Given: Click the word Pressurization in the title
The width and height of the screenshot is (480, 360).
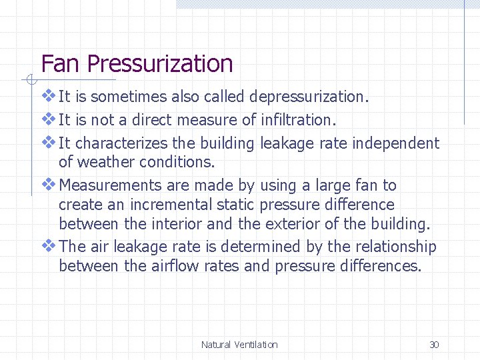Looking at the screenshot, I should (159, 64).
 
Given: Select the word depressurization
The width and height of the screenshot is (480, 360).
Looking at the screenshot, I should (309, 97).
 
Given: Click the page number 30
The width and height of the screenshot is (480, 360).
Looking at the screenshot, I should (434, 345).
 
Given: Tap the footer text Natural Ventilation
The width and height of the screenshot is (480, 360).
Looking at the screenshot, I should (239, 345).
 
